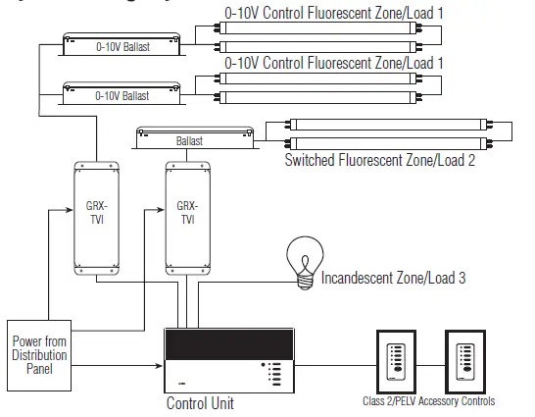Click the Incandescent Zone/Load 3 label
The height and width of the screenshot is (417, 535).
(x=393, y=279)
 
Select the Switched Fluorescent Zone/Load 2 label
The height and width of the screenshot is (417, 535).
(x=379, y=160)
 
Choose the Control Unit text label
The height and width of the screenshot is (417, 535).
(x=200, y=402)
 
